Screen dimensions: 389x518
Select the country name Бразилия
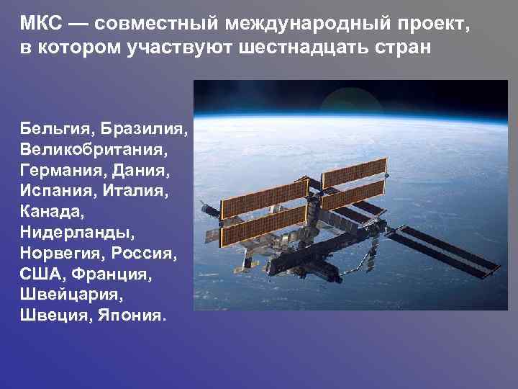point(145,129)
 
